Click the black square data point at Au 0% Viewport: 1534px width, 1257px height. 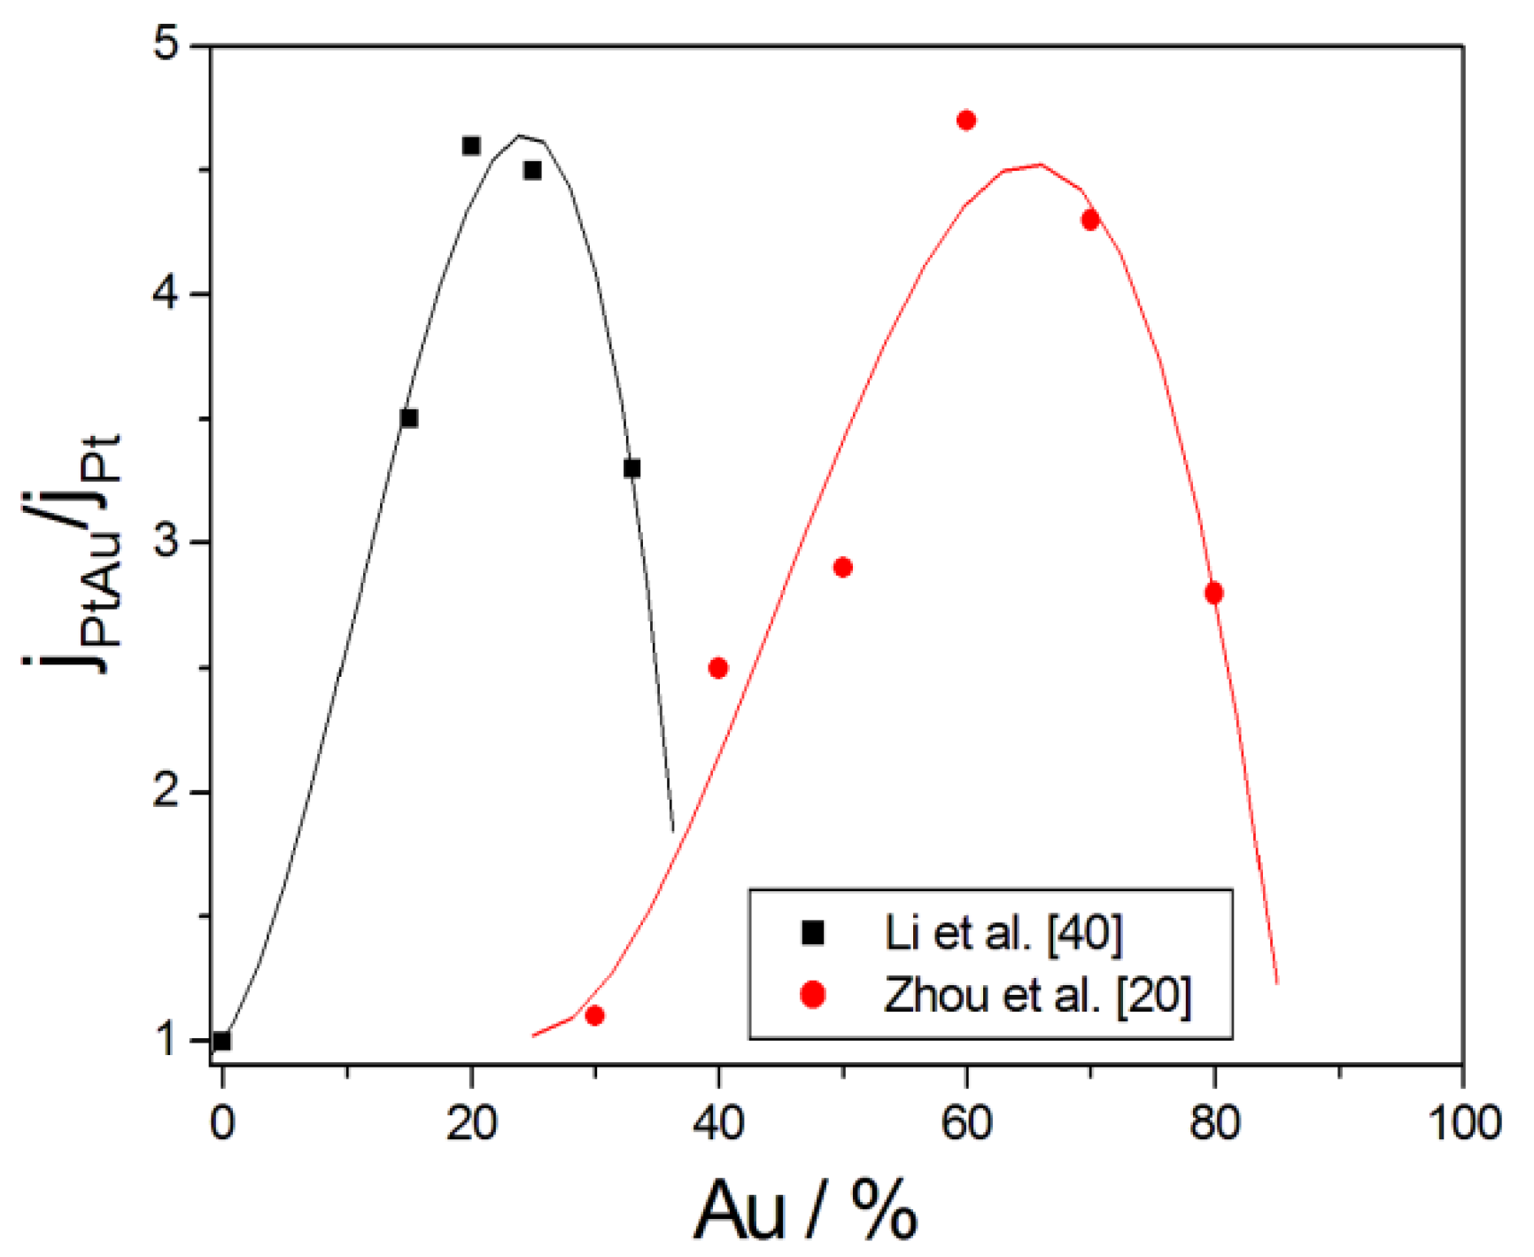point(222,1041)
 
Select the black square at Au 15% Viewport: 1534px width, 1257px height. point(409,418)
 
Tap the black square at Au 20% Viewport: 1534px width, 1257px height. point(471,145)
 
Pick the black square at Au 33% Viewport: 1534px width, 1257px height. point(631,469)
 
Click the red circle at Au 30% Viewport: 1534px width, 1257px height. point(595,1015)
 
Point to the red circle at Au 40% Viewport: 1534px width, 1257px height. point(718,668)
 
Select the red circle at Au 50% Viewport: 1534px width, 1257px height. point(843,567)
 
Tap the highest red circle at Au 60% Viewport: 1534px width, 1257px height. point(966,120)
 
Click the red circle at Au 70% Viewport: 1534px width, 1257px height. point(1090,220)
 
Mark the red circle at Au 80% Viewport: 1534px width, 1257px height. point(1214,593)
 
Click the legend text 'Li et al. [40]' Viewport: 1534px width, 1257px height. point(1003,933)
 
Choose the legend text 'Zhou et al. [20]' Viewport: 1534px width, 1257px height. point(1037,995)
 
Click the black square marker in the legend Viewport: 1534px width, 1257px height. point(812,933)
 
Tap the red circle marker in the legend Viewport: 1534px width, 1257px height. point(812,995)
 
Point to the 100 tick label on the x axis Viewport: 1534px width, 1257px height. point(1463,1123)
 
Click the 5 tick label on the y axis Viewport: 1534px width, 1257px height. point(167,44)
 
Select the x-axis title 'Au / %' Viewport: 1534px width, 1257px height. point(805,1210)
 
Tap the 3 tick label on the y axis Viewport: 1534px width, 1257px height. point(167,542)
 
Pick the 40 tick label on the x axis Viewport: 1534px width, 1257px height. point(718,1123)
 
